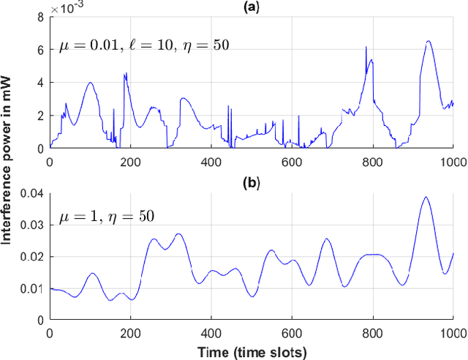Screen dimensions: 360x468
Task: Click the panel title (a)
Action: (251, 7)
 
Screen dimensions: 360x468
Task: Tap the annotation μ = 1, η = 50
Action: (106, 217)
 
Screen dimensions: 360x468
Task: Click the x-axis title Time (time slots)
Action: (252, 353)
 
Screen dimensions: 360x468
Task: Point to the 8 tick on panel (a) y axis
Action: (42, 16)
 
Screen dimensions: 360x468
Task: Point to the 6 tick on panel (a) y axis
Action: (42, 49)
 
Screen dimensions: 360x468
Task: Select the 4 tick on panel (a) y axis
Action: (42, 82)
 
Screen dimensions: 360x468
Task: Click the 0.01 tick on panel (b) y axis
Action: (34, 288)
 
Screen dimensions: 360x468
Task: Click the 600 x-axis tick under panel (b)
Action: (292, 333)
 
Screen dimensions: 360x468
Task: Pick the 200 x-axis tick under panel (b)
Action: (130, 333)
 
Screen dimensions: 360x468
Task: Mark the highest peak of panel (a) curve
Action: (429, 41)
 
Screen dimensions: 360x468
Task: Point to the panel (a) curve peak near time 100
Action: (90, 82)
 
